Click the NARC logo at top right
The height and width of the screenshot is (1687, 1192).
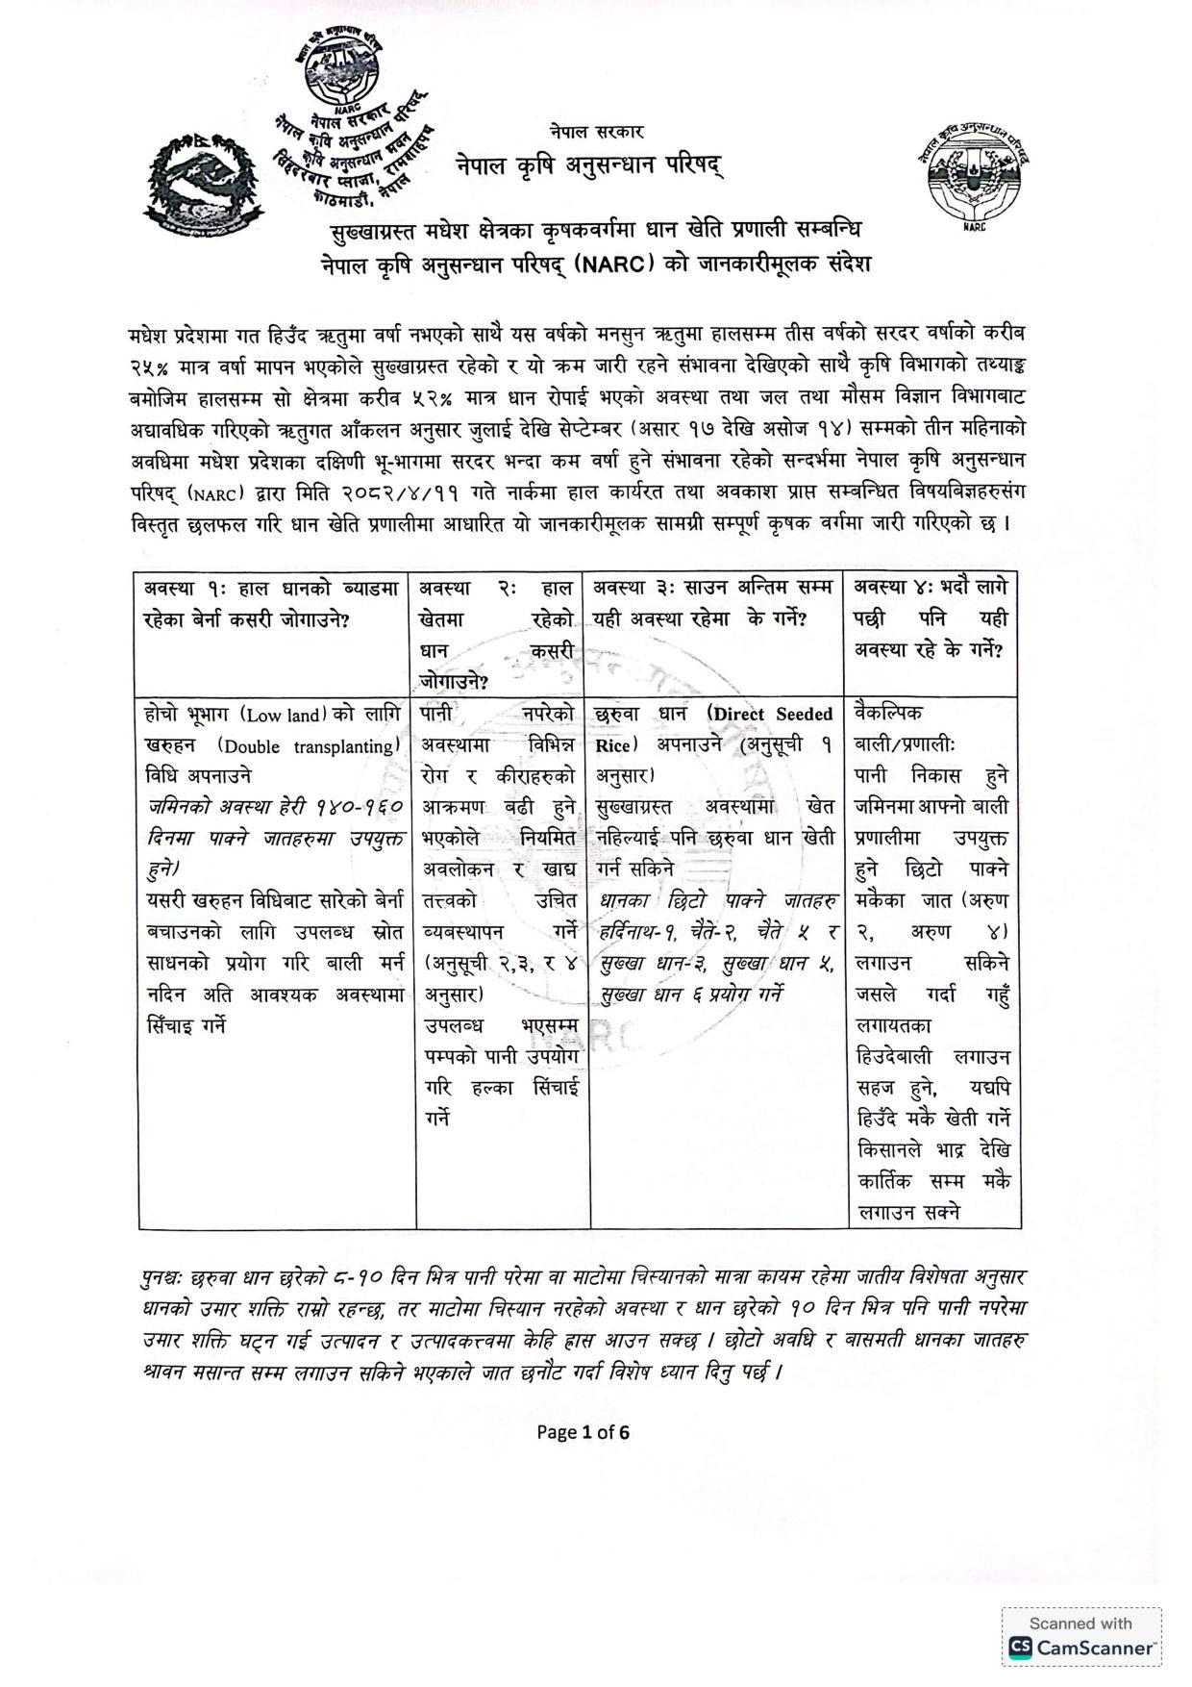(x=972, y=174)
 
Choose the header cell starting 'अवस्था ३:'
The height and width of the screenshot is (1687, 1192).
(x=713, y=602)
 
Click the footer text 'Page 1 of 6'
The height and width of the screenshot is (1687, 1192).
(x=584, y=1432)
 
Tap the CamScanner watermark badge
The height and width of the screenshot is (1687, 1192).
(x=1081, y=1636)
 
